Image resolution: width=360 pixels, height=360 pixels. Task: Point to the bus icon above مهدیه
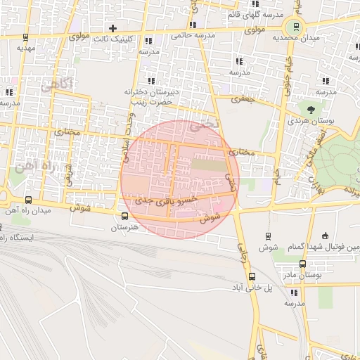(25, 37)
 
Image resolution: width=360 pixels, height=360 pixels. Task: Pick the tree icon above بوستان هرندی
(309, 108)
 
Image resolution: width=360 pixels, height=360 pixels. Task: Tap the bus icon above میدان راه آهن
(28, 200)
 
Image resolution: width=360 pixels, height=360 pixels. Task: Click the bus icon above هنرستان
(124, 217)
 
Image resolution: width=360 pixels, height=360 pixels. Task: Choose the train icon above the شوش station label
(268, 236)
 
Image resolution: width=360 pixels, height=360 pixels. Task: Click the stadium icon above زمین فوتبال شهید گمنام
(324, 236)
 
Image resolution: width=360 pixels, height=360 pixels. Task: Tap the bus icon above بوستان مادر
(302, 264)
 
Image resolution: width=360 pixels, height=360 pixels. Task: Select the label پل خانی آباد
(247, 288)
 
